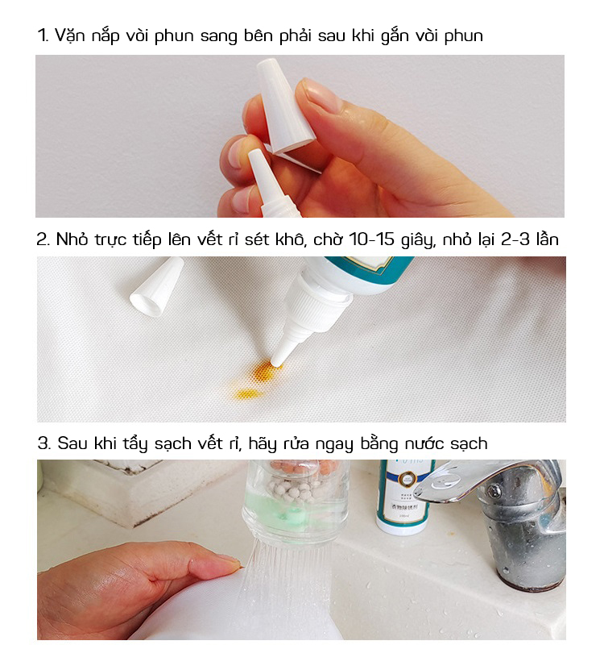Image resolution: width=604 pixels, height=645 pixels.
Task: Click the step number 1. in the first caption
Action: tap(43, 35)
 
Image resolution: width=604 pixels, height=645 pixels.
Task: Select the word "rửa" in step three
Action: tap(297, 443)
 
